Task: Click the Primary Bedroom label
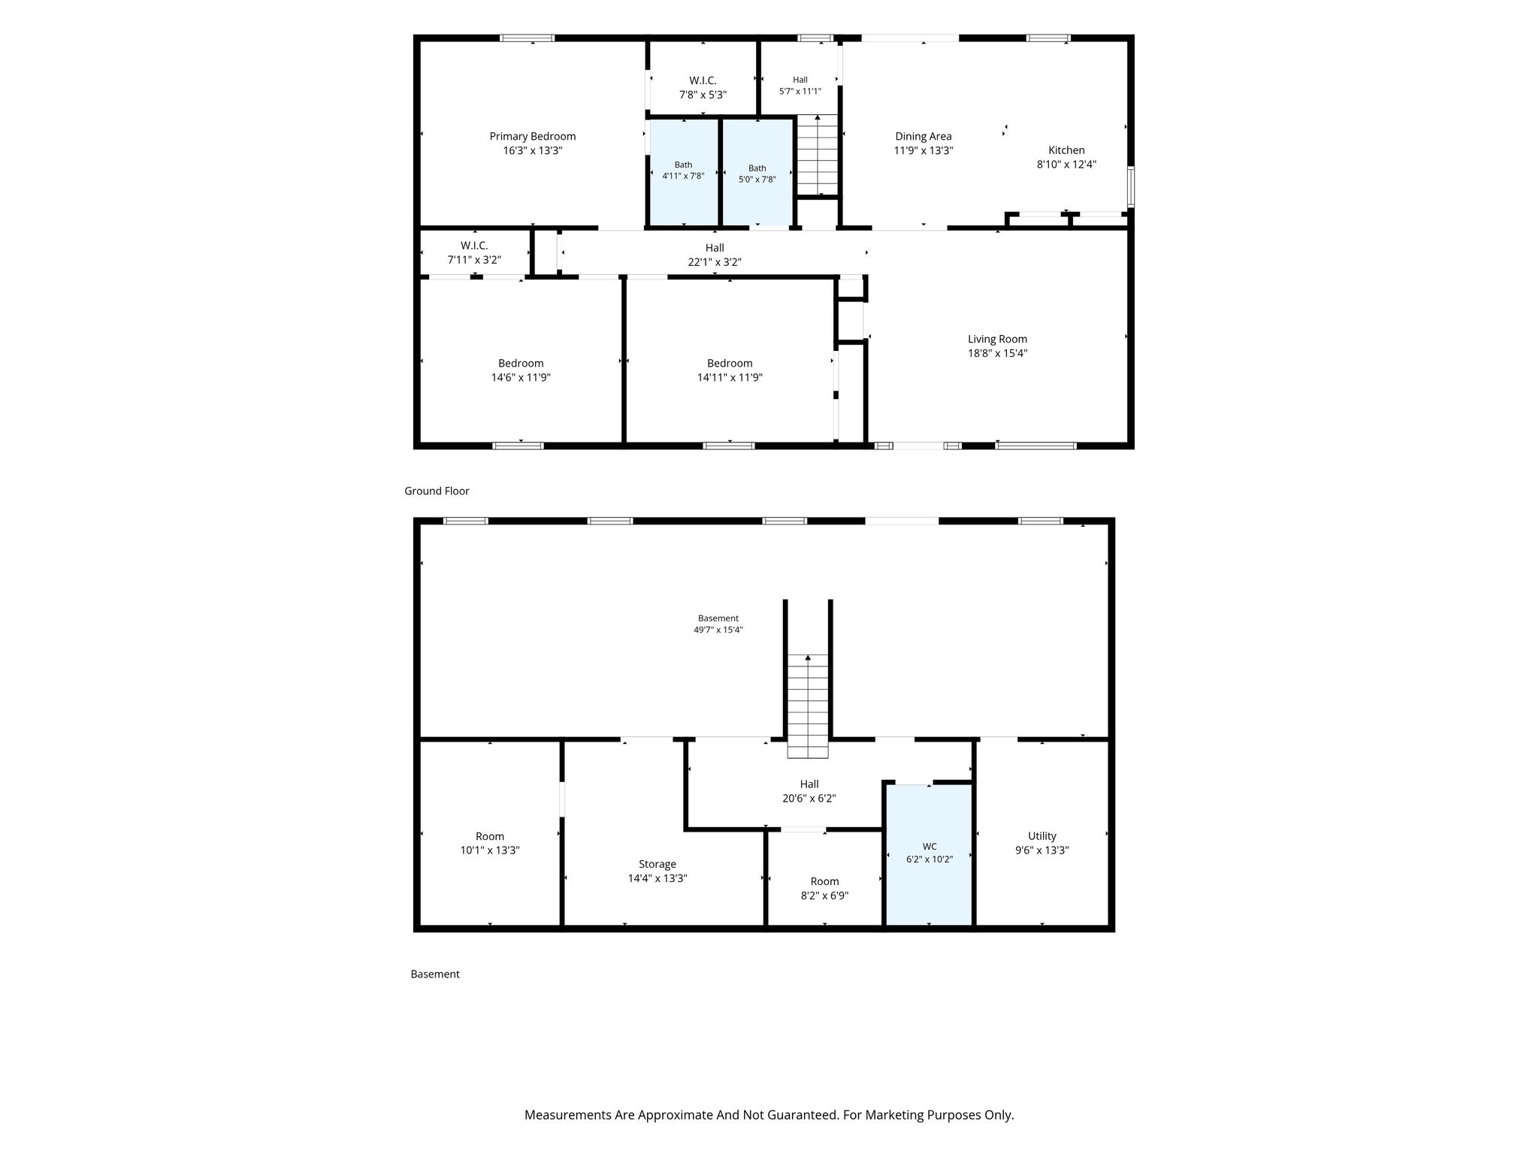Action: tap(532, 136)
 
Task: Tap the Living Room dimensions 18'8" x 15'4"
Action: tap(997, 353)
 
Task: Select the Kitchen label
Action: tap(1066, 150)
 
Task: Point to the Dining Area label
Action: tap(923, 136)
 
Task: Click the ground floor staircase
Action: tap(817, 155)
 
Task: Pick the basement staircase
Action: tap(808, 705)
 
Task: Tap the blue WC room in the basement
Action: tap(929, 855)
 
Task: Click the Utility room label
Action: tap(1042, 835)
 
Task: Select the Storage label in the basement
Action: tap(658, 864)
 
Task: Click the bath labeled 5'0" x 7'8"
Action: tap(757, 172)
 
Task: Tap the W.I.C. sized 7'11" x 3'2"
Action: tap(474, 252)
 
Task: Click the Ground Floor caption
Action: tap(437, 491)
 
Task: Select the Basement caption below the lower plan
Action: tap(435, 974)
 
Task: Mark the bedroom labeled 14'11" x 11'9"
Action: tap(730, 370)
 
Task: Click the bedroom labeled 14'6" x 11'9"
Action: tap(521, 370)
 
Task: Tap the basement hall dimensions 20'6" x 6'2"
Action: tap(809, 799)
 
